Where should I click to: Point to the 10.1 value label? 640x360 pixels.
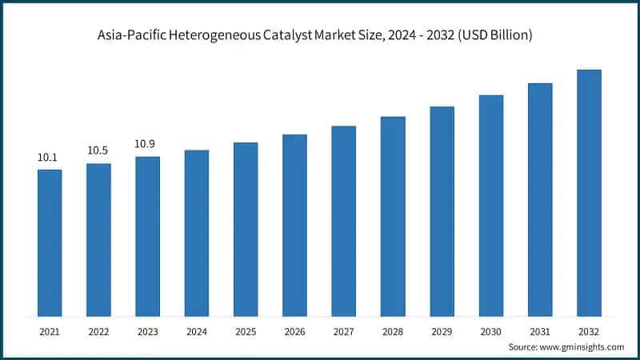click(49, 158)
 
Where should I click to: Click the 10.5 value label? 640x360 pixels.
click(98, 150)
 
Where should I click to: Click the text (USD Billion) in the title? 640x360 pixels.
click(490, 36)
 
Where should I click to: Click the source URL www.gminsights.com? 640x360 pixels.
click(582, 347)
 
